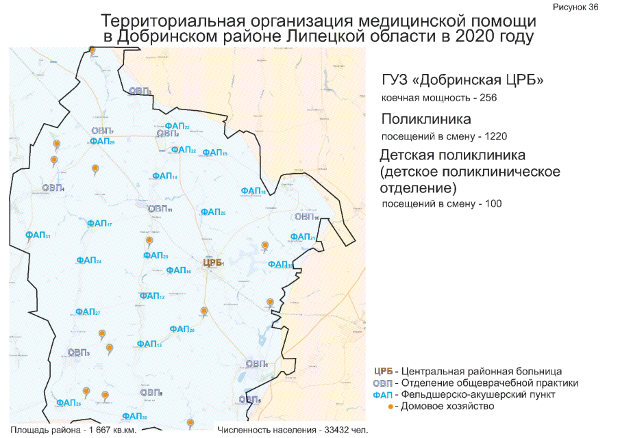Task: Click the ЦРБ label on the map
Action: [x=214, y=263]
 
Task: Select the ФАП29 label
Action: [x=102, y=142]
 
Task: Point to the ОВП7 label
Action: [x=102, y=131]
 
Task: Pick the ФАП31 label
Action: [x=38, y=235]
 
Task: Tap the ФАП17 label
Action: [x=99, y=224]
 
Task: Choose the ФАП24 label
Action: [x=89, y=261]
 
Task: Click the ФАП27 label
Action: [x=88, y=312]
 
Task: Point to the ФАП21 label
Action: [x=302, y=237]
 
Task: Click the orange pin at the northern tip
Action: [x=92, y=49]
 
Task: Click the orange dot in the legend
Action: [x=390, y=407]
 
